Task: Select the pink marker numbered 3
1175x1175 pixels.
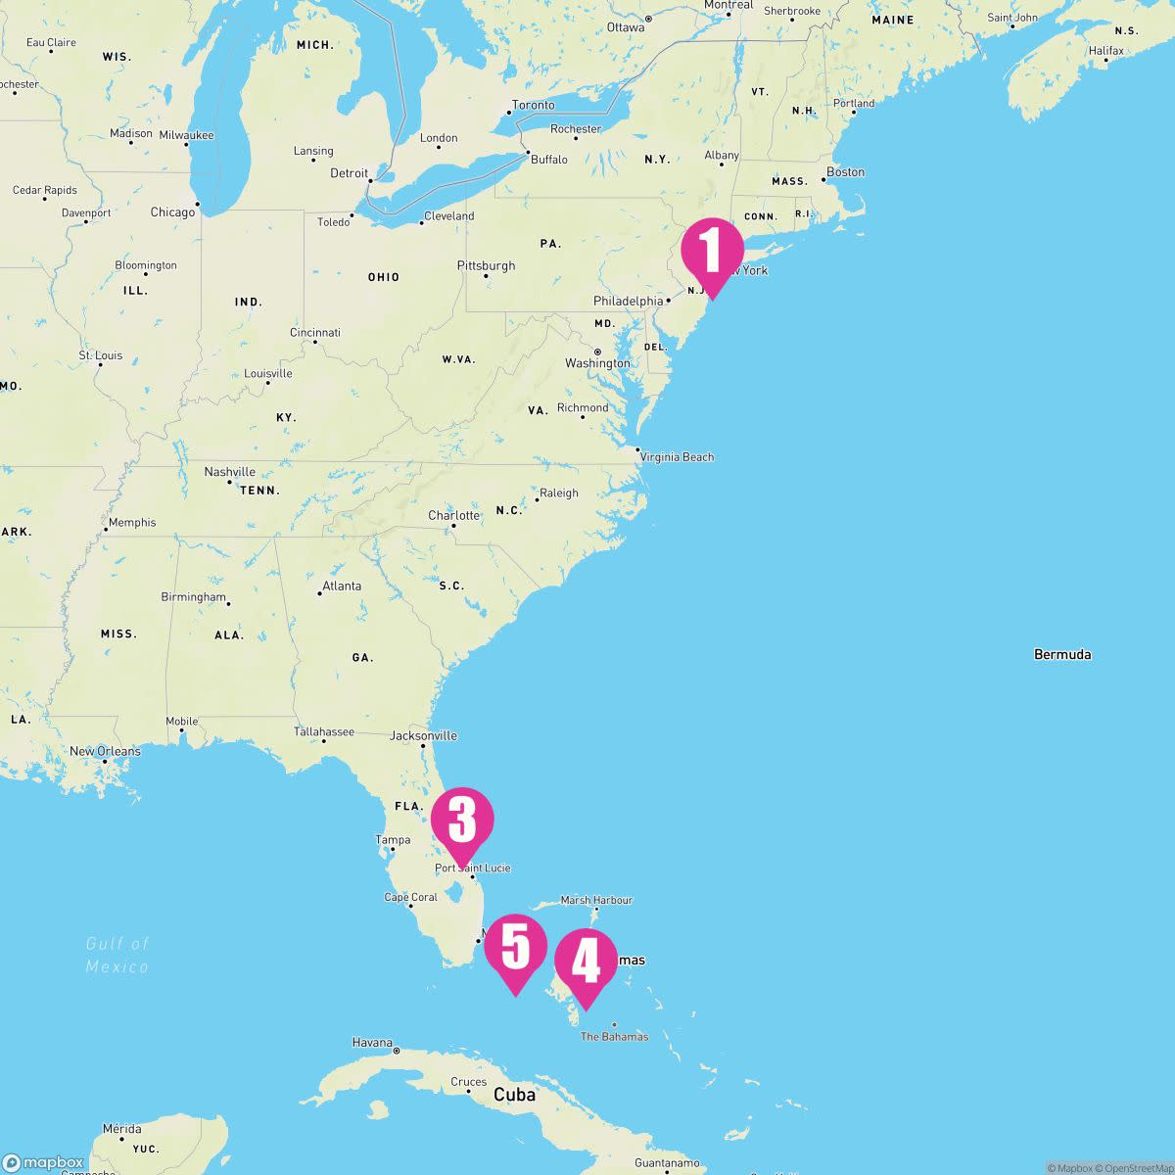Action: click(x=462, y=821)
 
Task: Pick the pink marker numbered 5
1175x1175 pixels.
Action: click(x=515, y=948)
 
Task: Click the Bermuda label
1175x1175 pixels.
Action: click(x=1061, y=654)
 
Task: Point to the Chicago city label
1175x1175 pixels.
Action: click(x=172, y=211)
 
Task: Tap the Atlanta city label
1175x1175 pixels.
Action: click(x=342, y=587)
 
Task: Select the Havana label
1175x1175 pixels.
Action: click(x=372, y=1043)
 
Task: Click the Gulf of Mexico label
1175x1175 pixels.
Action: click(x=117, y=955)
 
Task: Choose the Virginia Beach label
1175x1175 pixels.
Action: click(x=677, y=457)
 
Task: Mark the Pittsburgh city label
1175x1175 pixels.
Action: click(x=486, y=265)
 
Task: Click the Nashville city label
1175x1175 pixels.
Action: click(x=229, y=472)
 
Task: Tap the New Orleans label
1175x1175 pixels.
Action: click(x=105, y=751)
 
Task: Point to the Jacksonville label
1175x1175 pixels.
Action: click(x=423, y=735)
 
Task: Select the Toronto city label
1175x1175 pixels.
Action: click(x=533, y=105)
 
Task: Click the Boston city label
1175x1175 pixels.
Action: click(x=845, y=172)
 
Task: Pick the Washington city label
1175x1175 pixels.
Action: click(x=597, y=363)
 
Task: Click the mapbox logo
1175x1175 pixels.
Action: click(x=43, y=1162)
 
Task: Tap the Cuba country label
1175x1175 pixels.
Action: click(x=514, y=1095)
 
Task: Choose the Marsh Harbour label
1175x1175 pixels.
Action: click(x=596, y=900)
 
